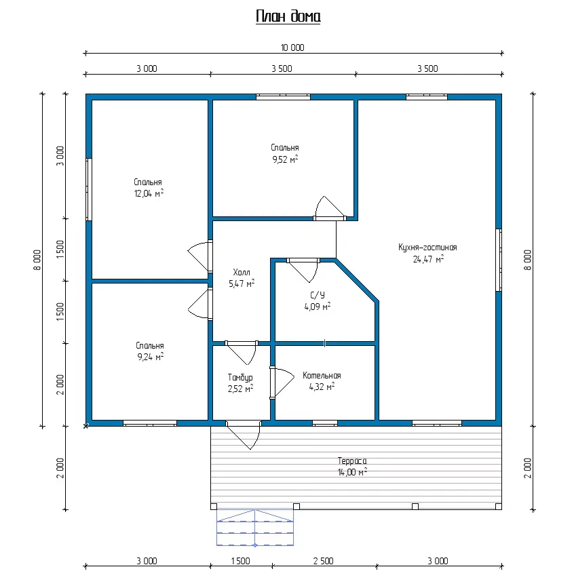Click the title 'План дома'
(288, 16)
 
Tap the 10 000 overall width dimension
(292, 47)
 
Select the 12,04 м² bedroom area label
(149, 193)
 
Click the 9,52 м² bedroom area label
(285, 159)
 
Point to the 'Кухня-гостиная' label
(427, 247)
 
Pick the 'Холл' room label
(241, 272)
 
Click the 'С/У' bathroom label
(317, 295)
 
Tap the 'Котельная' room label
(322, 375)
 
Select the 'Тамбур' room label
(240, 378)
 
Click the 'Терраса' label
(352, 461)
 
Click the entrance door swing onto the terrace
(244, 435)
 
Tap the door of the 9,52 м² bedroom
(330, 208)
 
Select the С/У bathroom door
(303, 270)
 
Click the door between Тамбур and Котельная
(282, 383)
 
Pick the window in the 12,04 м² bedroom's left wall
(89, 189)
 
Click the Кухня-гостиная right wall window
(499, 260)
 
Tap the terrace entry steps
(255, 527)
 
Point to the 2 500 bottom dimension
(324, 561)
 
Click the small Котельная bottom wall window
(325, 423)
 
